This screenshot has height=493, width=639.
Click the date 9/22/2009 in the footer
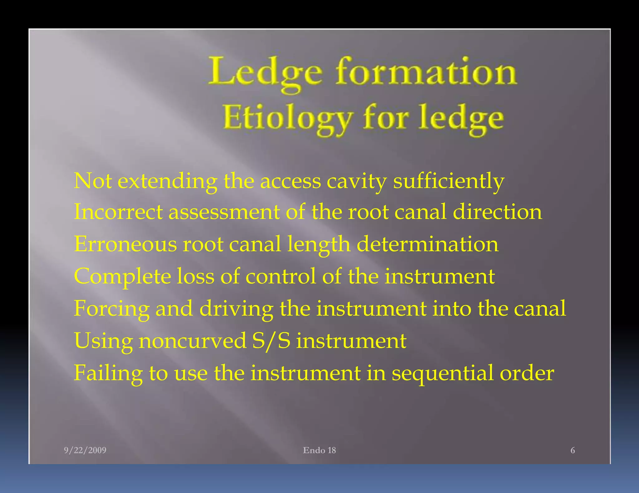click(x=85, y=450)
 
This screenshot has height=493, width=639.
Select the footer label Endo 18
click(x=319, y=450)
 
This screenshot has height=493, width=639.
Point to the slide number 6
click(x=573, y=450)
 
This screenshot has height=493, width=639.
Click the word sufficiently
click(x=448, y=181)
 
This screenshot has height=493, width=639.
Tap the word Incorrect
click(x=118, y=212)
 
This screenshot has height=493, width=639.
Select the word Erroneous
click(x=125, y=244)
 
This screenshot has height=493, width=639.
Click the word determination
click(x=427, y=244)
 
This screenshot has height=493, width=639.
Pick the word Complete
click(x=123, y=276)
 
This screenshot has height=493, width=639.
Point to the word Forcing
click(x=111, y=309)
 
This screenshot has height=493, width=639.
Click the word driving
click(x=236, y=309)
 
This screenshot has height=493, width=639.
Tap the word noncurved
click(x=193, y=341)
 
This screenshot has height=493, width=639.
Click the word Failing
click(x=108, y=373)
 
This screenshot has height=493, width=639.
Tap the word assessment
click(x=224, y=212)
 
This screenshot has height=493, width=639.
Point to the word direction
click(x=497, y=212)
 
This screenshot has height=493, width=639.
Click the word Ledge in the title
click(x=266, y=72)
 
